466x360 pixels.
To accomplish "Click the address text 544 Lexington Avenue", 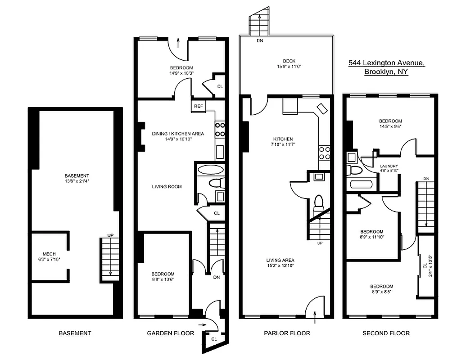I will [386, 63].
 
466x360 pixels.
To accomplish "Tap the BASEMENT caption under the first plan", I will [75, 333].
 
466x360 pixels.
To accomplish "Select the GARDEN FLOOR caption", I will [171, 333].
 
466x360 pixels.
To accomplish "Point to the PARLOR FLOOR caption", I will [287, 333].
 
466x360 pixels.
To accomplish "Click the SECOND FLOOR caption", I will [386, 333].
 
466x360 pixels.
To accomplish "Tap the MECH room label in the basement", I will [49, 253].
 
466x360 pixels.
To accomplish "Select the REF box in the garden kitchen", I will [198, 106].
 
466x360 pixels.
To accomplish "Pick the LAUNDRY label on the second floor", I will [389, 166].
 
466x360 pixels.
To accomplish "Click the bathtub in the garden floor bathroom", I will [210, 170].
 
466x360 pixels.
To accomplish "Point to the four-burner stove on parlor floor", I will [324, 153].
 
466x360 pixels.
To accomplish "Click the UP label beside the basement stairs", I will [110, 235].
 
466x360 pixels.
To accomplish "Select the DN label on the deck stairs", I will [260, 40].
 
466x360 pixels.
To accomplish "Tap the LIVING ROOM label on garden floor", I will [167, 186].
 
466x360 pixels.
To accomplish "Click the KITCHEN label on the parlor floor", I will [283, 139].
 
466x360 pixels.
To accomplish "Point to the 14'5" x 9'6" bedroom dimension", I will [390, 126].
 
